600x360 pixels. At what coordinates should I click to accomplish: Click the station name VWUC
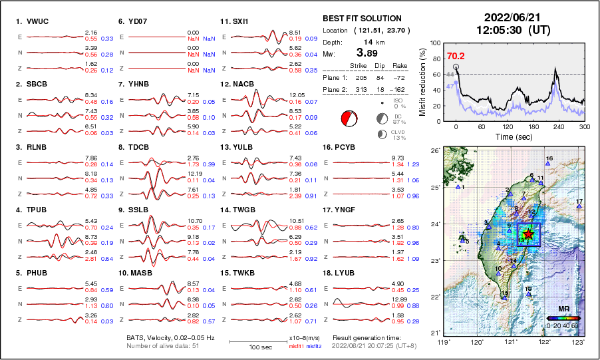coord(31,21)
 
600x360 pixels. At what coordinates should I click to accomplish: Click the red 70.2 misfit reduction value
coord(456,57)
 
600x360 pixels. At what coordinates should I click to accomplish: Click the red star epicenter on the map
coord(528,234)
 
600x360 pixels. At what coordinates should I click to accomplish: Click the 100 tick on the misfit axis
coord(436,43)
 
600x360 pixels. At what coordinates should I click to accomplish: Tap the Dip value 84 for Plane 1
coord(380,78)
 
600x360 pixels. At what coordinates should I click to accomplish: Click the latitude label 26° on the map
coord(432,151)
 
